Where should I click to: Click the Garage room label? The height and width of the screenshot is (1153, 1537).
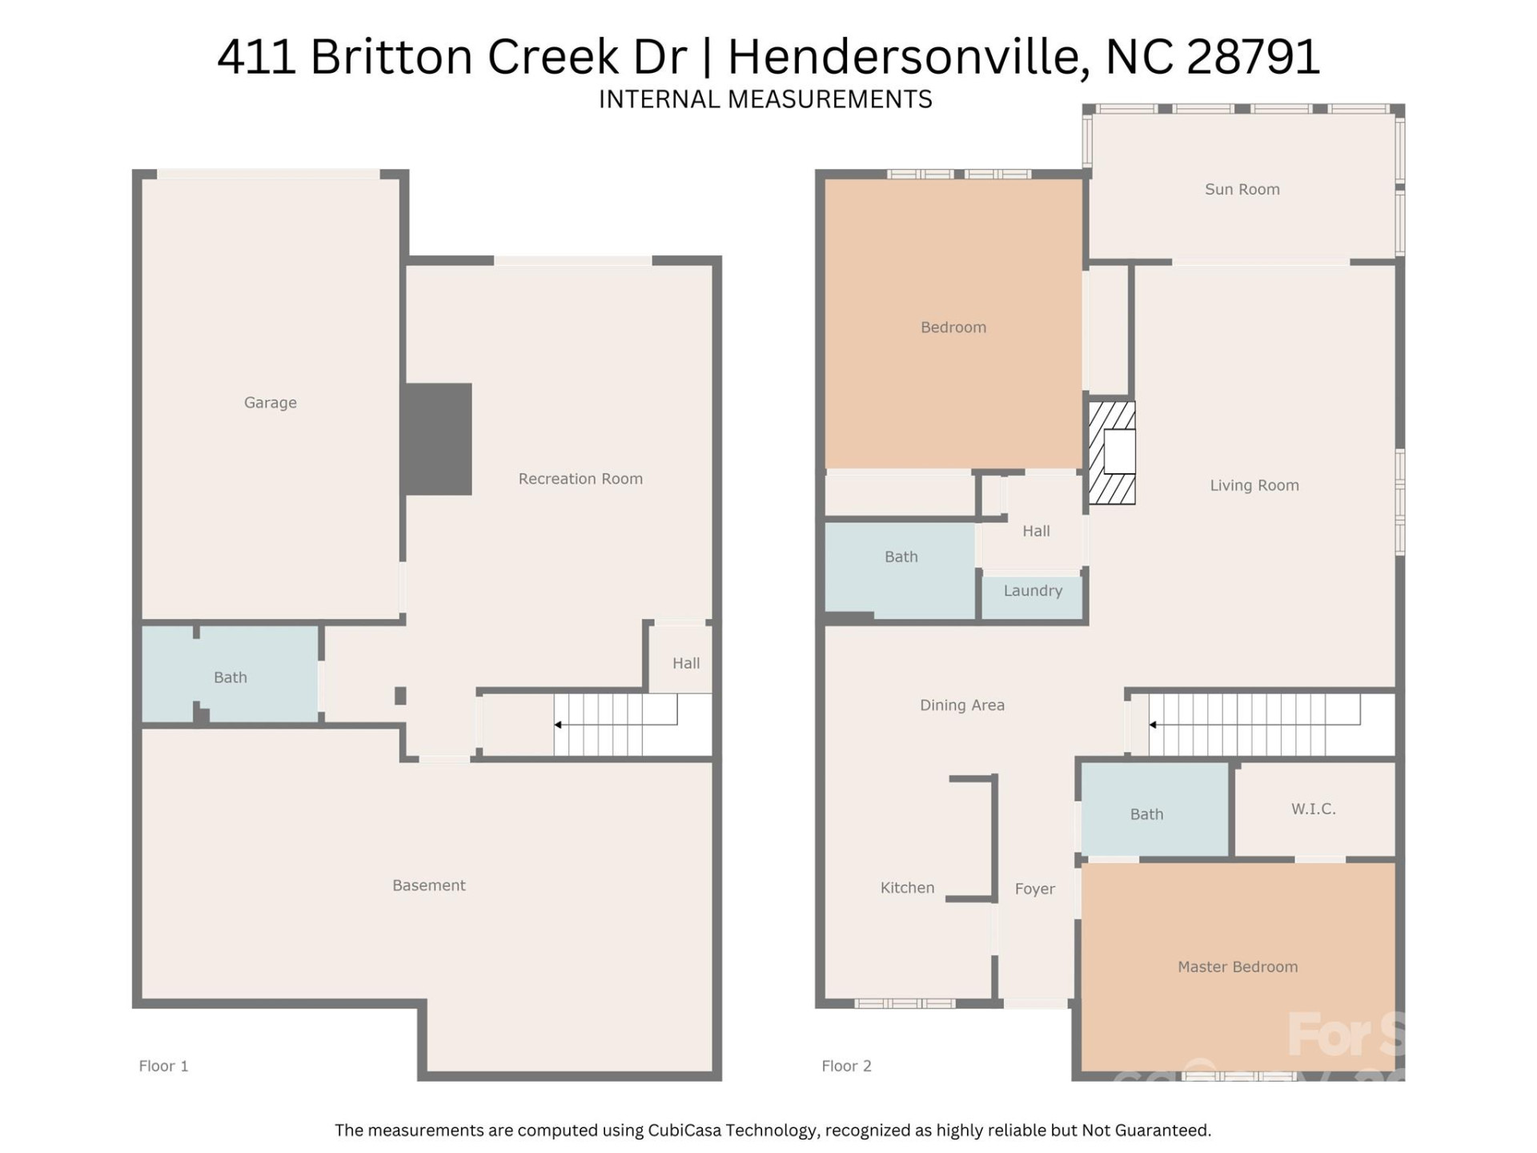point(270,403)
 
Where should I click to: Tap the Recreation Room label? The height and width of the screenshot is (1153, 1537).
point(580,479)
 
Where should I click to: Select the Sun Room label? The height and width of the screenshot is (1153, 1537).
point(1242,190)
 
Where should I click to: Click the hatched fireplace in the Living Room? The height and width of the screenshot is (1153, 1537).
point(1111,453)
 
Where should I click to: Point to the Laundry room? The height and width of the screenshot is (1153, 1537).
point(1033,591)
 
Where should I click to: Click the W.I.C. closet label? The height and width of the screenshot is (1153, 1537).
point(1313,809)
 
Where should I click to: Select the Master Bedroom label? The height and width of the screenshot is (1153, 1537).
point(1237,966)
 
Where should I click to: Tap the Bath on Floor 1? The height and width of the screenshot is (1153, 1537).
point(230,677)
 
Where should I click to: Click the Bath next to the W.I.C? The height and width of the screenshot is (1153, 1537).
point(1146,814)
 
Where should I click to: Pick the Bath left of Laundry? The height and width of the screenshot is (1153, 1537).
point(901,556)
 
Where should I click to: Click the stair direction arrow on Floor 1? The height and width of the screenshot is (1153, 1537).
point(558,725)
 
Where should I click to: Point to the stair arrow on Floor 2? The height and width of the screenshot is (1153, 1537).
point(1153,725)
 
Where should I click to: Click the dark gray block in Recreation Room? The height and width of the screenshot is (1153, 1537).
point(437,439)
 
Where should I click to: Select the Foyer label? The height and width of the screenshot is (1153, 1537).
point(1034,889)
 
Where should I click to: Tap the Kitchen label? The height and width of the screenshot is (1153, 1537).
point(907,887)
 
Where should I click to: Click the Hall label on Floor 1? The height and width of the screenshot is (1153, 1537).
point(685,663)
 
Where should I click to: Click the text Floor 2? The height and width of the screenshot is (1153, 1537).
point(845,1066)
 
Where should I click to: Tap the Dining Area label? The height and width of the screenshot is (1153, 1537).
point(961,705)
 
